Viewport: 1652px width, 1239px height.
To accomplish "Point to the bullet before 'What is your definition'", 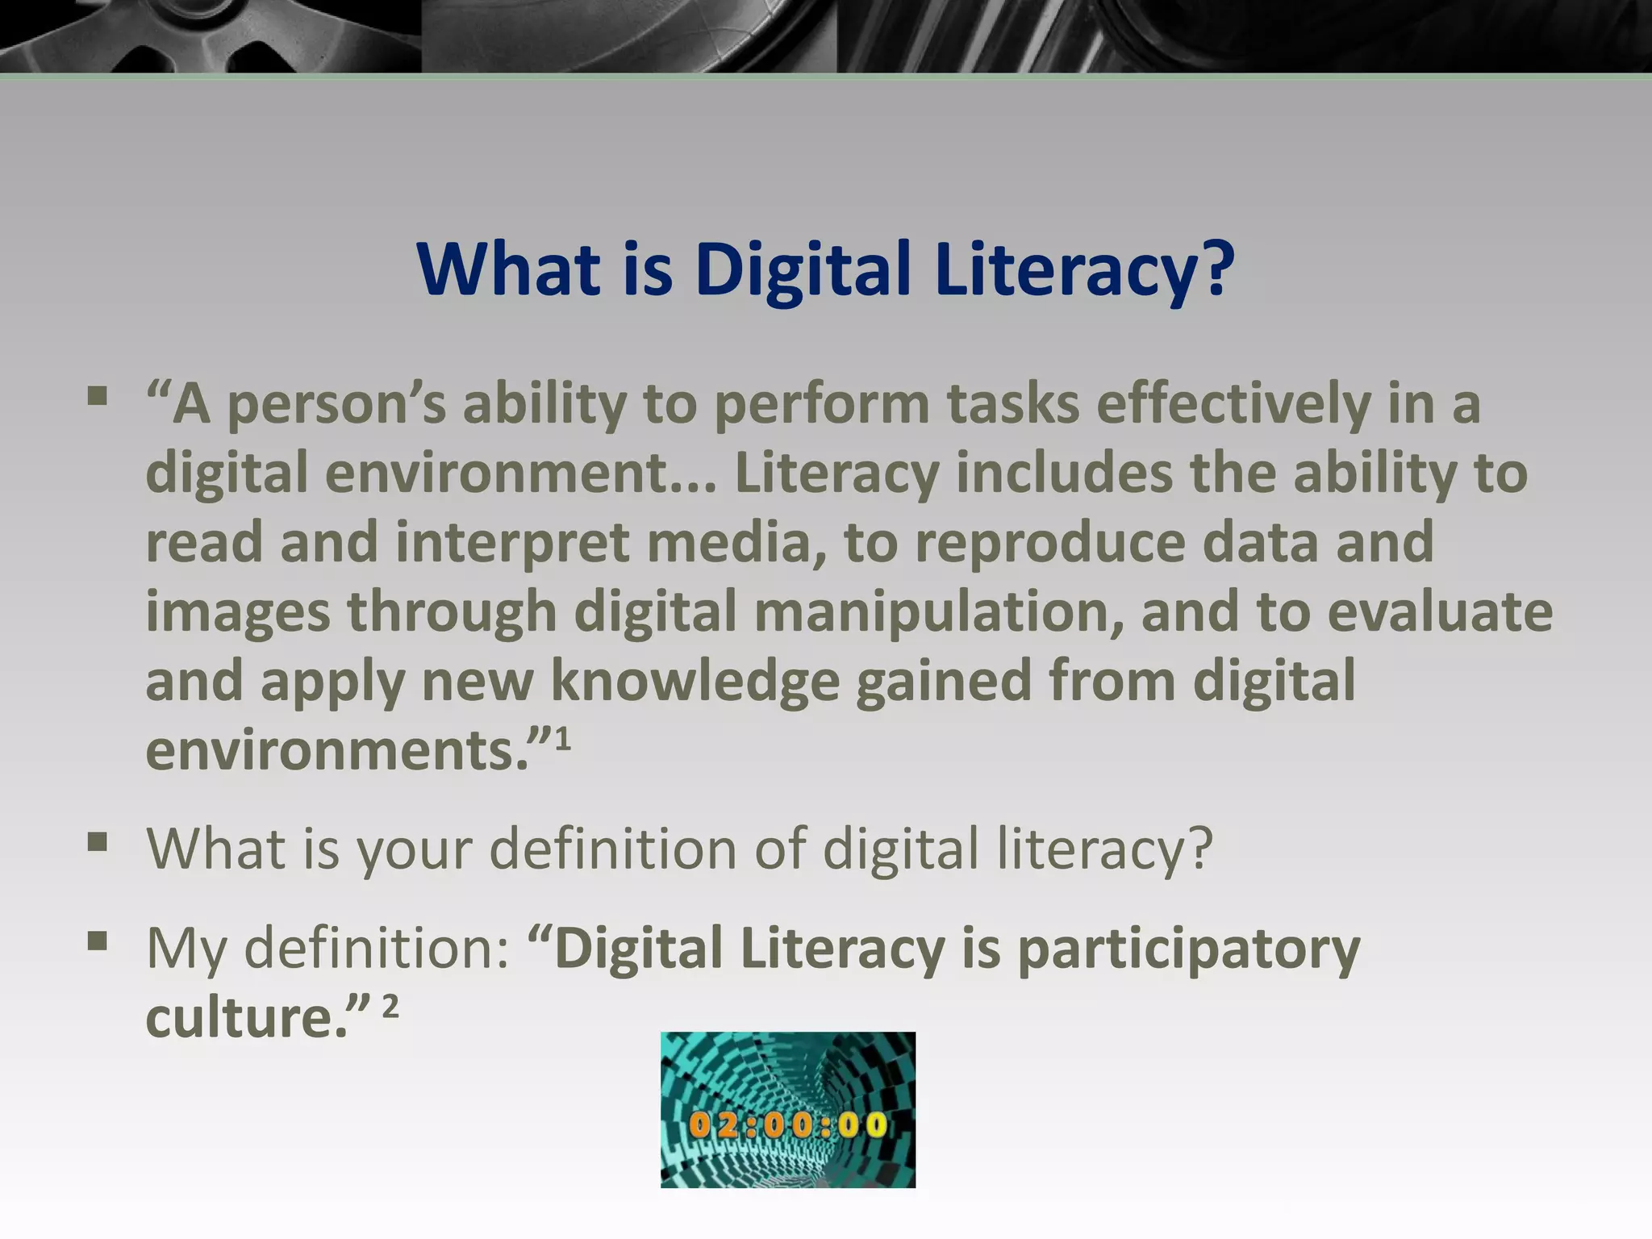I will click(x=98, y=842).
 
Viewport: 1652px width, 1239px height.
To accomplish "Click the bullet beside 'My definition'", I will click(x=98, y=941).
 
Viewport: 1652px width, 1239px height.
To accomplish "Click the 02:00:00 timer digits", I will click(x=787, y=1124).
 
